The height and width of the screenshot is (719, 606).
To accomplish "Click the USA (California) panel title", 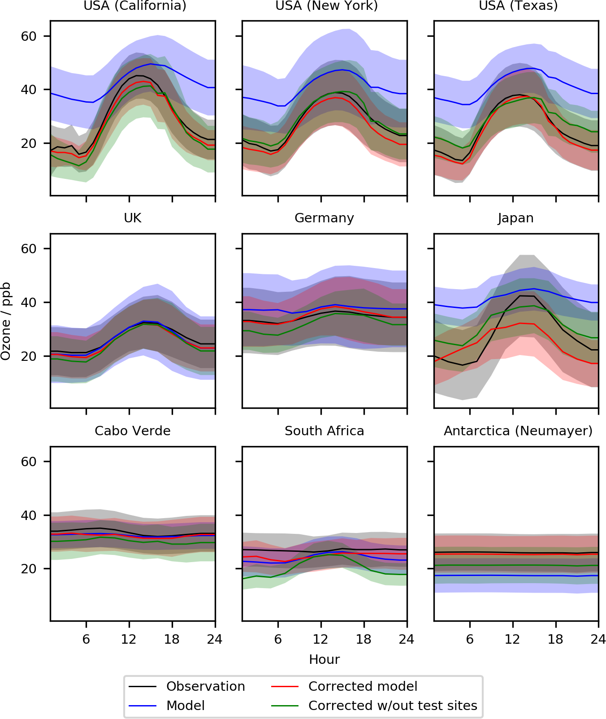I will click(x=135, y=6).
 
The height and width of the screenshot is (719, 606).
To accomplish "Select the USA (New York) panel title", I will click(x=326, y=6).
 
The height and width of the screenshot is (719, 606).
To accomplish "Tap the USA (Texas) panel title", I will click(x=518, y=6).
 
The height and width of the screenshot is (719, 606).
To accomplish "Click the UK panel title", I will click(x=133, y=218).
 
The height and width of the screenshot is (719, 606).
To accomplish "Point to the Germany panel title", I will click(x=324, y=218).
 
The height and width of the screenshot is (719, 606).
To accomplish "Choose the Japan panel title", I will click(x=515, y=218).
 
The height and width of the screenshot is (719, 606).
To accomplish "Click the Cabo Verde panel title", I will click(x=133, y=431).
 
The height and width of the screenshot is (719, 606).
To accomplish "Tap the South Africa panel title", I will click(x=324, y=431).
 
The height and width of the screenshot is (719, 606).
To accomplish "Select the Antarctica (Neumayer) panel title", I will click(x=518, y=431).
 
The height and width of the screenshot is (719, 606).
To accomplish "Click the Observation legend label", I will click(x=205, y=687).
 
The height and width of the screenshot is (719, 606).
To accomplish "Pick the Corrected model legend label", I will click(x=363, y=687).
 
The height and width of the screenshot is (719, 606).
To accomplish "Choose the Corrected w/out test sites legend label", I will click(x=393, y=706).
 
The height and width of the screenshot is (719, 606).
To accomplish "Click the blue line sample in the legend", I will click(x=143, y=706).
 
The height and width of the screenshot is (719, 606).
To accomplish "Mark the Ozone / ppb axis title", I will click(x=6, y=321).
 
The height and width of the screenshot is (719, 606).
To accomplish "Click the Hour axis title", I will click(x=324, y=660).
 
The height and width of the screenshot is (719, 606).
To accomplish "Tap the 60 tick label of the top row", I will click(x=29, y=36).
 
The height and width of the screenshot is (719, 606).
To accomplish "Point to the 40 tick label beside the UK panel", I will click(x=29, y=303).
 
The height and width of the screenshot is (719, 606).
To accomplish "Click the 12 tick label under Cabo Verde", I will click(x=129, y=640).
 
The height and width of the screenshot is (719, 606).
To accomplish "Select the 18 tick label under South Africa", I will click(x=364, y=640).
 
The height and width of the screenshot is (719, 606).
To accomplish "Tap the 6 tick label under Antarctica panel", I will click(x=470, y=640).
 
